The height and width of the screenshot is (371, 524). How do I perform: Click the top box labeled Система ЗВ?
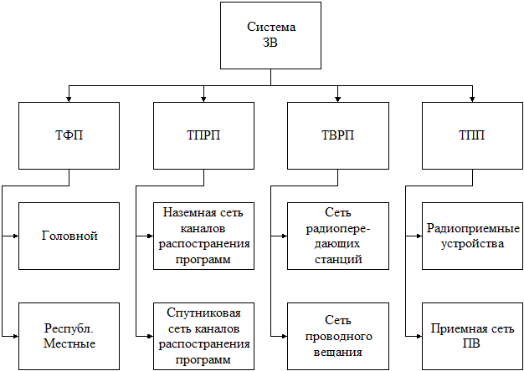(270, 35)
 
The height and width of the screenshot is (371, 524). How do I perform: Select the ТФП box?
(69, 135)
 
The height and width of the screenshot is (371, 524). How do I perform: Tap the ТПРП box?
(203, 135)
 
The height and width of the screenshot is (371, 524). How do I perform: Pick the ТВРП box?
(338, 135)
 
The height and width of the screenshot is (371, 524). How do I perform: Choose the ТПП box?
(472, 135)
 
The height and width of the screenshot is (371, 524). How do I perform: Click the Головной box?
(69, 236)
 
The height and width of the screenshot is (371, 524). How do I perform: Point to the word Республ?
(69, 329)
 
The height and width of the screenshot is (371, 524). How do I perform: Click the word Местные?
(69, 343)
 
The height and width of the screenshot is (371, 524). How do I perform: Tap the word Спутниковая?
(203, 313)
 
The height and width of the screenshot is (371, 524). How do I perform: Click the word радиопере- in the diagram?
(338, 229)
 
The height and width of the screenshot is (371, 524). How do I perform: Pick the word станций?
(338, 259)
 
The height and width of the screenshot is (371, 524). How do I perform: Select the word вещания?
(338, 353)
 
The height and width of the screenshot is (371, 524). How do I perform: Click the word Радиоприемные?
(474, 229)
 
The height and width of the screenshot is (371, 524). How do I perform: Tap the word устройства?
(473, 244)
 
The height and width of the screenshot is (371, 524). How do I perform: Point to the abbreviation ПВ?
(473, 343)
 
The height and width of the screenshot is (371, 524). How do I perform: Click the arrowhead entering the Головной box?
(16, 236)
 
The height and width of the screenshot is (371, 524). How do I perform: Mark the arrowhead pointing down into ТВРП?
(338, 99)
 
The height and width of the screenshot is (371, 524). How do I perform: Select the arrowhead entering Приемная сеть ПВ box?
(419, 336)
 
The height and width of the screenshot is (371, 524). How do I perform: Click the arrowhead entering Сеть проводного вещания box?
(285, 336)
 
